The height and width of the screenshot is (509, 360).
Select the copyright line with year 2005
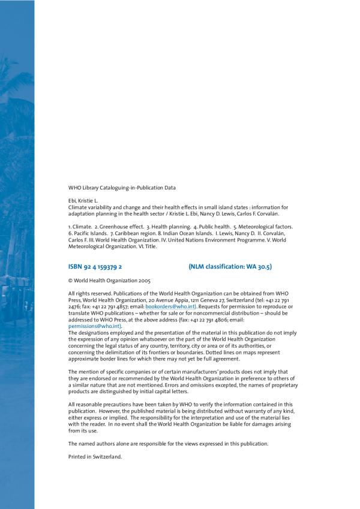point(109,280)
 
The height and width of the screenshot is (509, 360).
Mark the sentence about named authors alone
point(168,443)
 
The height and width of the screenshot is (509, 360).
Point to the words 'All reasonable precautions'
point(96,405)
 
